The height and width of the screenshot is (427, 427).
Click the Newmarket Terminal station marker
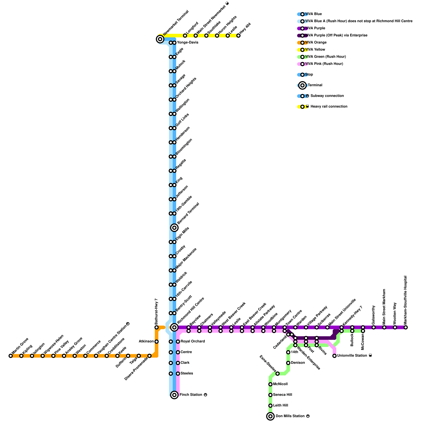tap(160, 39)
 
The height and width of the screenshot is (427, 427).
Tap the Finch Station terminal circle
tap(174, 395)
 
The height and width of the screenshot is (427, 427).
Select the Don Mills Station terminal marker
tap(270, 416)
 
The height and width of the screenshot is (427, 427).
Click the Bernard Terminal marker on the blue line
tap(174, 228)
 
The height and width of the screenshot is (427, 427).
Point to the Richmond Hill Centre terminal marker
tap(174, 327)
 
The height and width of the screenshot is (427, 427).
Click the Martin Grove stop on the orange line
tap(11, 356)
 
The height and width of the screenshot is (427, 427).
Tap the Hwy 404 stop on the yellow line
tap(238, 35)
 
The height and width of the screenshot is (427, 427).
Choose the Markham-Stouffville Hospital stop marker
tap(406, 327)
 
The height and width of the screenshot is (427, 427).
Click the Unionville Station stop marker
tap(334, 356)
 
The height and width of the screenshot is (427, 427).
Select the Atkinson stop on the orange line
tap(157, 342)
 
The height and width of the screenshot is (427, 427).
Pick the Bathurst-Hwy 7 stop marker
tap(157, 327)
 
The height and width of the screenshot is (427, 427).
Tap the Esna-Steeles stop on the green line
tap(278, 374)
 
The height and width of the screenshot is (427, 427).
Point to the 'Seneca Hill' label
tap(282, 395)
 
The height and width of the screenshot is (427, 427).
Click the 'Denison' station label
tap(298, 363)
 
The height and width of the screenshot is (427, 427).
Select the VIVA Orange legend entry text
tap(316, 42)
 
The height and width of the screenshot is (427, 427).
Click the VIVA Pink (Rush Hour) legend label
tap(324, 64)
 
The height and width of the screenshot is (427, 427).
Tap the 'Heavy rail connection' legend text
tap(329, 106)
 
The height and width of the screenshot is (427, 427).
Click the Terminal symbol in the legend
tap(302, 85)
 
